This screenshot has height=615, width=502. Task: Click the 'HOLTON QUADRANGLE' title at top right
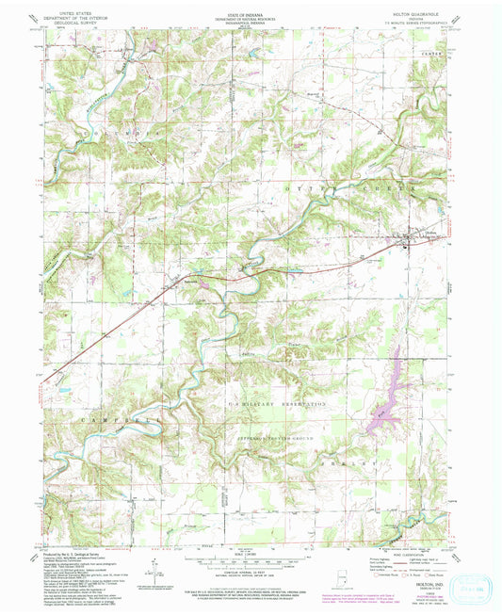point(424,13)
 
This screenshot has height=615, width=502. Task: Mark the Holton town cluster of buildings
point(404,244)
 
